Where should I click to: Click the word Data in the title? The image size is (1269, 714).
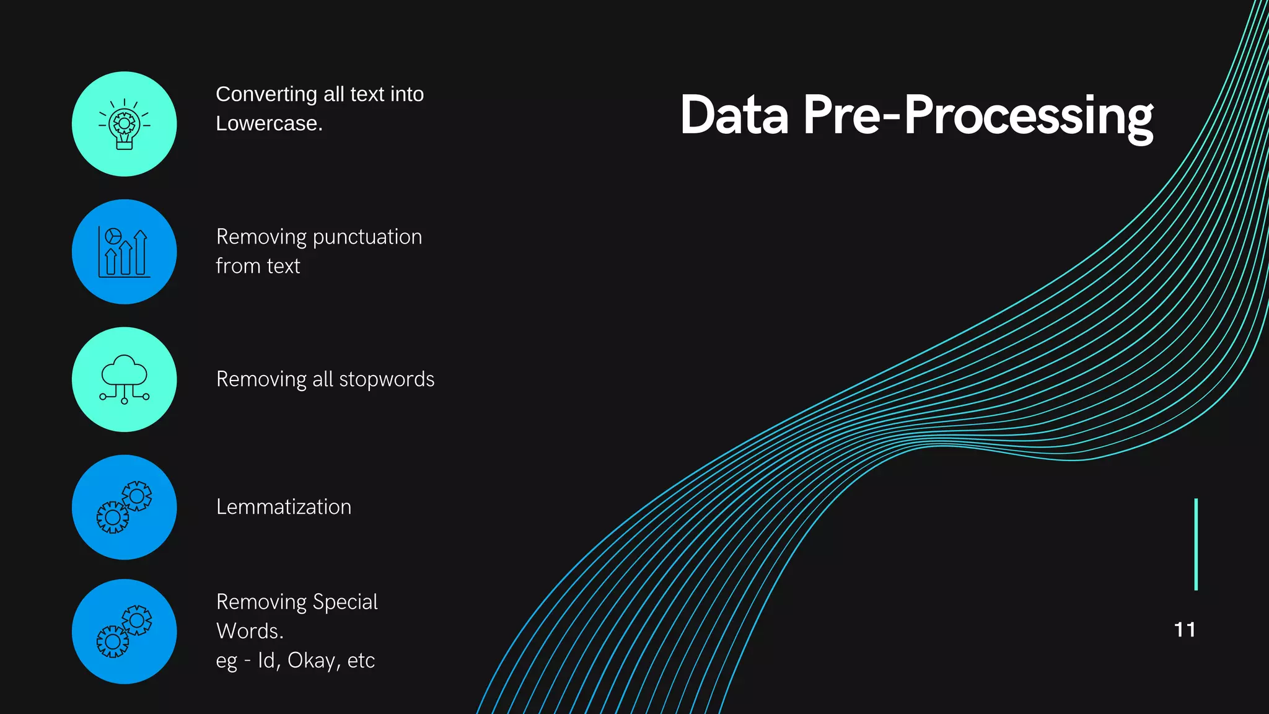click(734, 115)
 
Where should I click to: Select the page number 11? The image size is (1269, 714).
click(1185, 630)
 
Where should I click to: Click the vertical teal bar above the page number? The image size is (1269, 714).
click(1196, 544)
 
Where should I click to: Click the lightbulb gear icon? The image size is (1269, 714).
click(125, 124)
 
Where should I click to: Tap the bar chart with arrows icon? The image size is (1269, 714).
click(125, 252)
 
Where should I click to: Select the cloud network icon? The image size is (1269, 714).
click(125, 379)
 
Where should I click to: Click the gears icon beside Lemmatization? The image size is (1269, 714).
click(125, 507)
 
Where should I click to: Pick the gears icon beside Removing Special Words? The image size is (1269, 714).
click(125, 632)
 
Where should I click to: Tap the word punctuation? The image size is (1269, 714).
click(367, 237)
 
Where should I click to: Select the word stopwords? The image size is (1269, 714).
click(387, 379)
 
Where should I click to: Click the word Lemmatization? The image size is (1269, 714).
click(284, 507)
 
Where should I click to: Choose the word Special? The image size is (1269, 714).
click(345, 602)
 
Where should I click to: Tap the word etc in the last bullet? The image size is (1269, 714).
click(361, 661)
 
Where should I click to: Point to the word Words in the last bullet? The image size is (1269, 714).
click(248, 631)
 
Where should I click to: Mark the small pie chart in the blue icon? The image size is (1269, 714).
click(113, 236)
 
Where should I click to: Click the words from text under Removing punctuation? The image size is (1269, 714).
click(258, 266)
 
